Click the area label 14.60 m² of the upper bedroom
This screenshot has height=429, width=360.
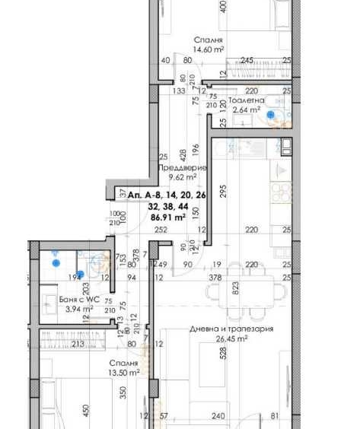pos(209,49)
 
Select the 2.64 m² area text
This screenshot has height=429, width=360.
pos(246,110)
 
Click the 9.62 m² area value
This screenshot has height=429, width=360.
pos(182,176)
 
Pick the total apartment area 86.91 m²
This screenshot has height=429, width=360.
pos(169,217)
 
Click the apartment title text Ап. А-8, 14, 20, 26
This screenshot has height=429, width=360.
pos(167,195)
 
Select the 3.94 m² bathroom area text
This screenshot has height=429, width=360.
pos(76,310)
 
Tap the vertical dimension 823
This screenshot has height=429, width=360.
pos(236,288)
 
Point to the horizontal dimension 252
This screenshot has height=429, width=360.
pos(161,229)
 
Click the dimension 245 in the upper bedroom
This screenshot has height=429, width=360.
pos(247,61)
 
